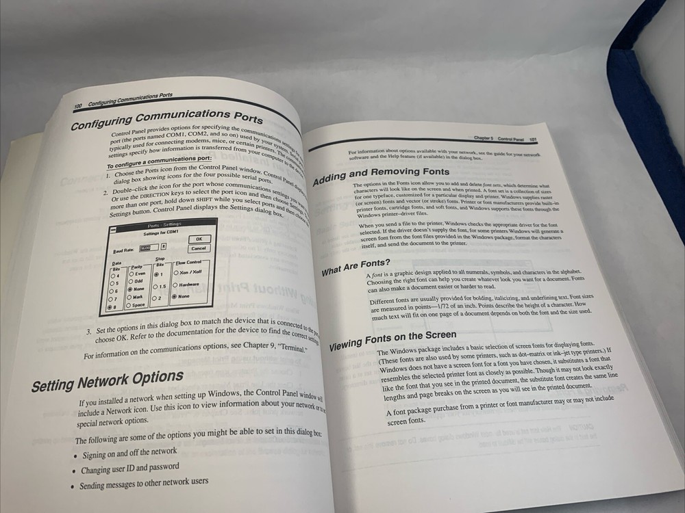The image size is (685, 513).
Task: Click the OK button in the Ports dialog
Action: pyautogui.click(x=199, y=239)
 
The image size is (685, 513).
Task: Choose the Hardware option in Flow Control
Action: pyautogui.click(x=175, y=284)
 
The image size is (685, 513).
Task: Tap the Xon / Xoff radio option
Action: pyautogui.click(x=175, y=272)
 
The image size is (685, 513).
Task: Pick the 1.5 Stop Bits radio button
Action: pyautogui.click(x=157, y=287)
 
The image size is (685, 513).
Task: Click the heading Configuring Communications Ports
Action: pyautogui.click(x=166, y=120)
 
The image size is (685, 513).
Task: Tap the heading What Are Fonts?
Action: pyautogui.click(x=356, y=266)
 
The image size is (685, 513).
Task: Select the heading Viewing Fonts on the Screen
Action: pyautogui.click(x=393, y=339)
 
